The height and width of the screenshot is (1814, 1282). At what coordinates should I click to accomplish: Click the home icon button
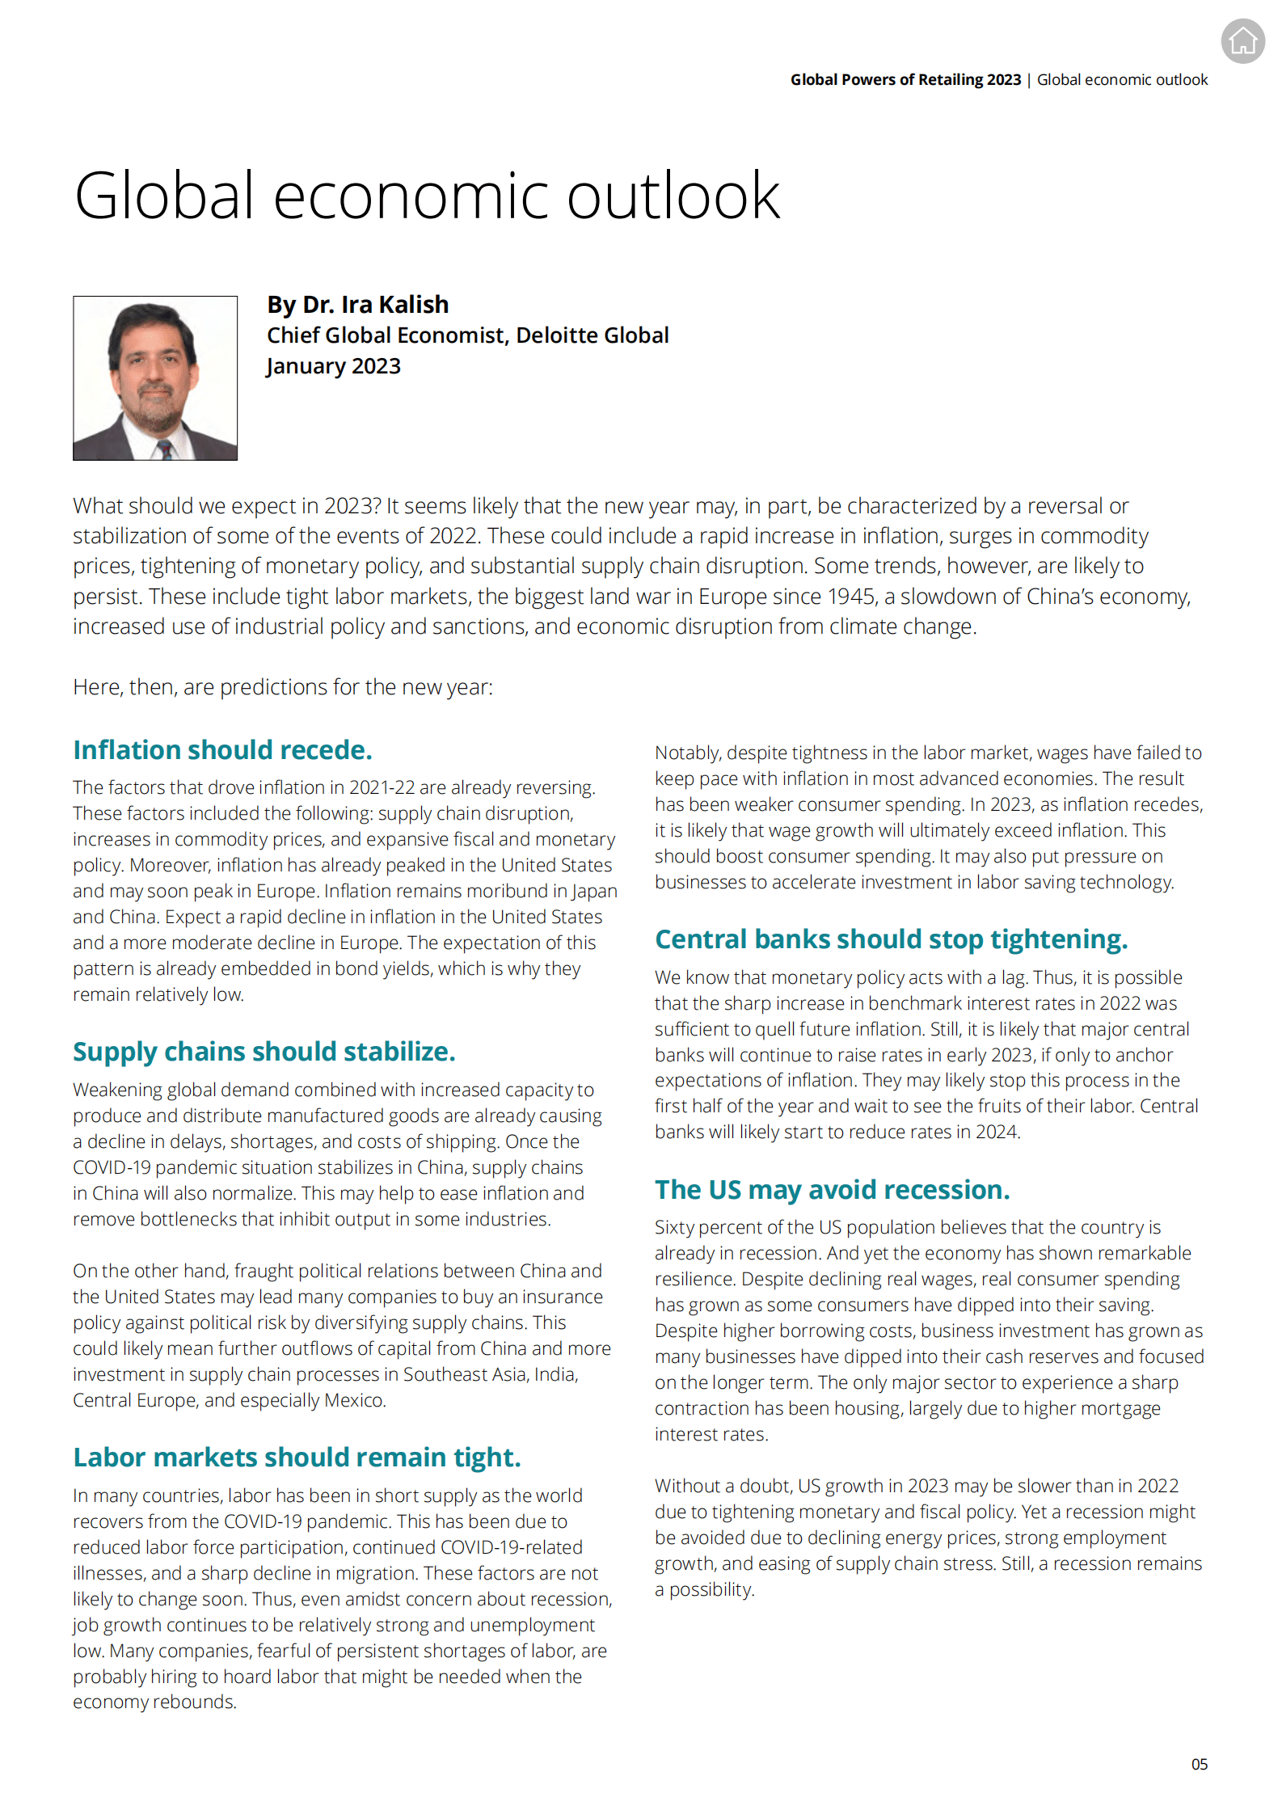(1242, 40)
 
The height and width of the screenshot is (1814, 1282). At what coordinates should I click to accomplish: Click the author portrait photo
(155, 378)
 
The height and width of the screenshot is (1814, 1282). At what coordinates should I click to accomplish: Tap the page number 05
(1199, 1764)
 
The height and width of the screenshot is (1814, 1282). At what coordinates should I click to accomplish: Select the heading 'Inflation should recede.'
(222, 750)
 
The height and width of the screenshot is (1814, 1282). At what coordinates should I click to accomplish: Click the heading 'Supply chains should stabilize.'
(264, 1052)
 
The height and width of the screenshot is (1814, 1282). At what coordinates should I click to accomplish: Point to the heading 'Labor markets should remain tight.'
(297, 1458)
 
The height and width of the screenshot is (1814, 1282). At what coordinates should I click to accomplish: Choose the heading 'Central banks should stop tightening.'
(891, 939)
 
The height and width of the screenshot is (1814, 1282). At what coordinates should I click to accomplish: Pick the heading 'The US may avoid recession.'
(832, 1190)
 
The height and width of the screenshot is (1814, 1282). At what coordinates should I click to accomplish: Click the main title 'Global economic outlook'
(427, 196)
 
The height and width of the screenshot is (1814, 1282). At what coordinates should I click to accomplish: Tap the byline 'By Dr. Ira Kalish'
(357, 305)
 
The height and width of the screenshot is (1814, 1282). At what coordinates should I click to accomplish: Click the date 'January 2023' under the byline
(333, 366)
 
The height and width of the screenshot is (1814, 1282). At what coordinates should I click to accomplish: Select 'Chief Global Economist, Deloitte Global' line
(467, 335)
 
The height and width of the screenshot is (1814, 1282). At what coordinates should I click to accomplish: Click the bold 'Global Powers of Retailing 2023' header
(905, 79)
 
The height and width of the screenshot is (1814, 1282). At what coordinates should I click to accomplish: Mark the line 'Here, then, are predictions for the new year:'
(283, 687)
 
